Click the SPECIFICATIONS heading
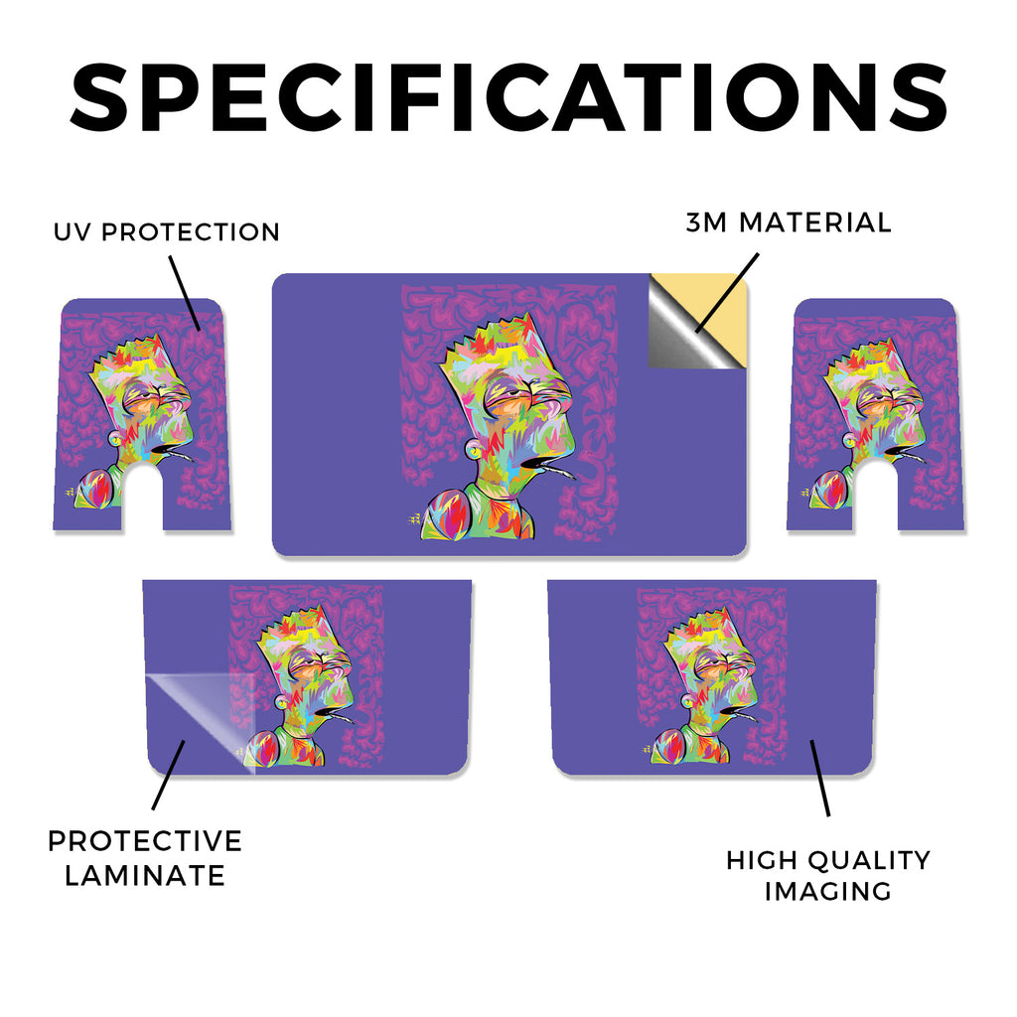pyautogui.click(x=508, y=97)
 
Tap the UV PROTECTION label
pyautogui.click(x=167, y=232)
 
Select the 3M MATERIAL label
pyautogui.click(x=789, y=222)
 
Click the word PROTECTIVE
pyautogui.click(x=145, y=841)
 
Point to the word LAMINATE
pyautogui.click(x=145, y=876)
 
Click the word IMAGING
pyautogui.click(x=827, y=891)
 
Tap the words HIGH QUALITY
pyautogui.click(x=828, y=860)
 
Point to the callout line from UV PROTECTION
pyautogui.click(x=185, y=293)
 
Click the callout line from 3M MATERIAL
pyautogui.click(x=727, y=293)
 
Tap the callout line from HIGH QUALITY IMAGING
pyautogui.click(x=820, y=778)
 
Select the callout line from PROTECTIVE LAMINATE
pyautogui.click(x=169, y=775)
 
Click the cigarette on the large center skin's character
pyautogui.click(x=560, y=470)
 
